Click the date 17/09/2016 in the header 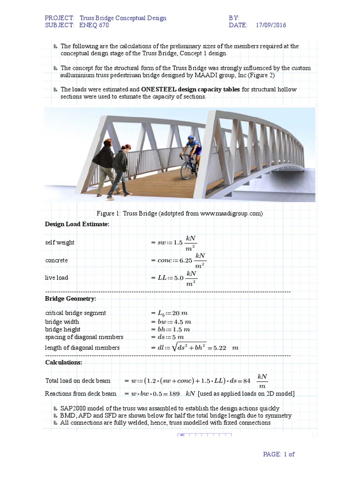(271, 25)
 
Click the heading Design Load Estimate (77, 225)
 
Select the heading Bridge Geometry (71, 299)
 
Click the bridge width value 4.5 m (182, 322)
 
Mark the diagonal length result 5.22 (220, 348)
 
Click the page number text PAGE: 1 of (278, 454)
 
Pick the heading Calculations (64, 362)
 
